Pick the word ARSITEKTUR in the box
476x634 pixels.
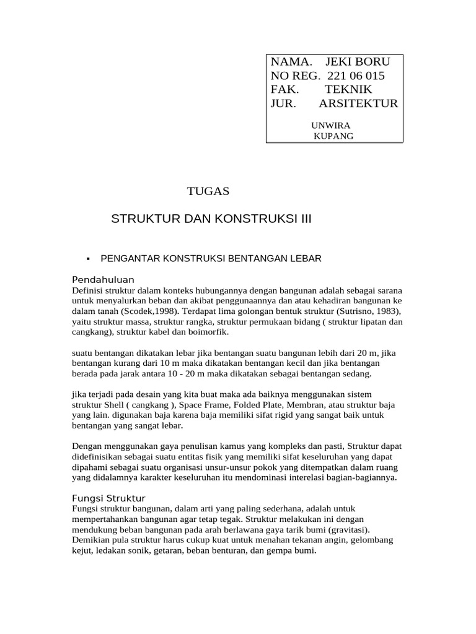359,103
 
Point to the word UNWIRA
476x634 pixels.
330,126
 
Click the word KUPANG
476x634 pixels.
334,136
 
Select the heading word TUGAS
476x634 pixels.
208,191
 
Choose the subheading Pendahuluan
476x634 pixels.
104,279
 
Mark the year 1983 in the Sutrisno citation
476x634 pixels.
386,310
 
